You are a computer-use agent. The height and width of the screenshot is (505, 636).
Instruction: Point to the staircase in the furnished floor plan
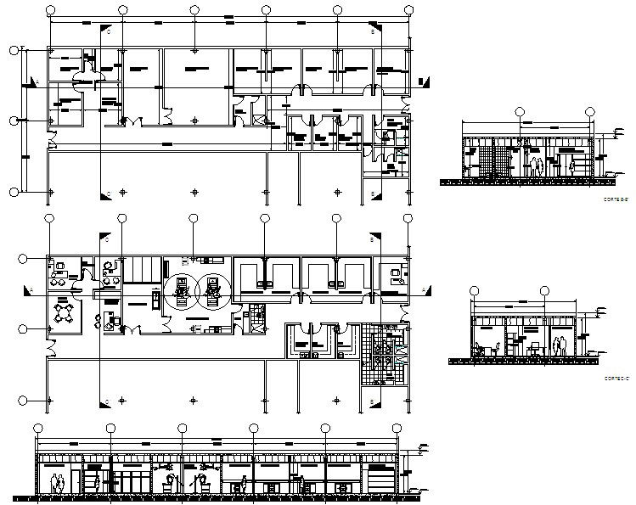coord(142,272)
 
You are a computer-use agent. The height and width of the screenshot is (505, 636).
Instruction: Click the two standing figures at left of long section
coord(58,483)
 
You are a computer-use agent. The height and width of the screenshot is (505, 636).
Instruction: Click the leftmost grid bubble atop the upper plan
coord(51,10)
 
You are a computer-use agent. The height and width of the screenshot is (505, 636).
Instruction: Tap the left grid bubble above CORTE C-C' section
coord(474,291)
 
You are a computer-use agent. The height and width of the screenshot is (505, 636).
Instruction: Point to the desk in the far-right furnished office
coord(395,276)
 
